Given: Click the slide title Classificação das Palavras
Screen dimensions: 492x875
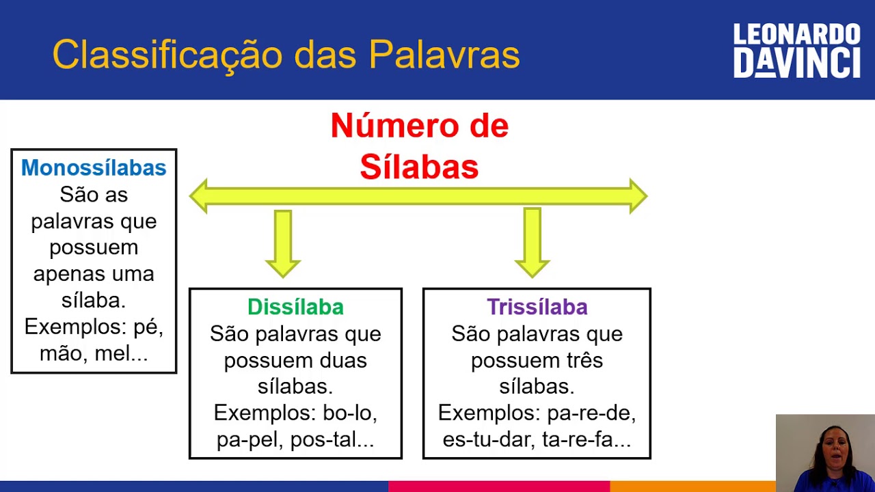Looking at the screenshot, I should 286,55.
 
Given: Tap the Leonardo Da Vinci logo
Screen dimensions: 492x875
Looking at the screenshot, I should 796,51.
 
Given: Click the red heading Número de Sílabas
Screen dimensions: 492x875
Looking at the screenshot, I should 419,146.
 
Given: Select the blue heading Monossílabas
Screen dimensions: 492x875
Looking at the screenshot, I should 94,167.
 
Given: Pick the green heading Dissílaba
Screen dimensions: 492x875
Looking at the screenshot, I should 295,307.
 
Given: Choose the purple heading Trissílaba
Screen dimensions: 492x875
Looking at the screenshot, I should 537,307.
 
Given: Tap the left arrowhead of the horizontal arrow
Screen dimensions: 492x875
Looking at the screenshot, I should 200,196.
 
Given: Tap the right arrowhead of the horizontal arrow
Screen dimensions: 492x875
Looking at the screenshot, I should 637,196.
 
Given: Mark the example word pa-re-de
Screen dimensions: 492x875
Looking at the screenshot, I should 591,413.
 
